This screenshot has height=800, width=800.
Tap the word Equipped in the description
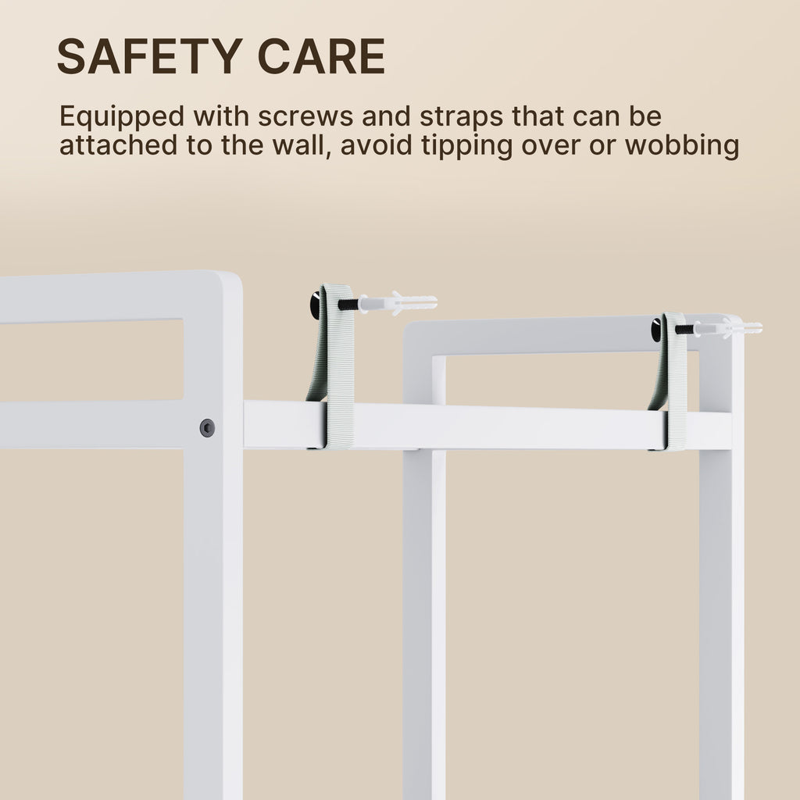click(x=121, y=117)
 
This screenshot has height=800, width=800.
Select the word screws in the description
click(x=305, y=116)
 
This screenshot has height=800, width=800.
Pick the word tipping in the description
click(x=466, y=146)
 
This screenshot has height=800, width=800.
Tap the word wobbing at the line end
click(x=681, y=146)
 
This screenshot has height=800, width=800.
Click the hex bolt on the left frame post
click(x=207, y=427)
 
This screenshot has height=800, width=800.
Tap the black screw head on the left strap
click(x=315, y=304)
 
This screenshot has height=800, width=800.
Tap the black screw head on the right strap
click(x=655, y=330)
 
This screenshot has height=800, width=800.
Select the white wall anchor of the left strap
click(x=398, y=302)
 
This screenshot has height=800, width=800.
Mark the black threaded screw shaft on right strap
click(x=684, y=330)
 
